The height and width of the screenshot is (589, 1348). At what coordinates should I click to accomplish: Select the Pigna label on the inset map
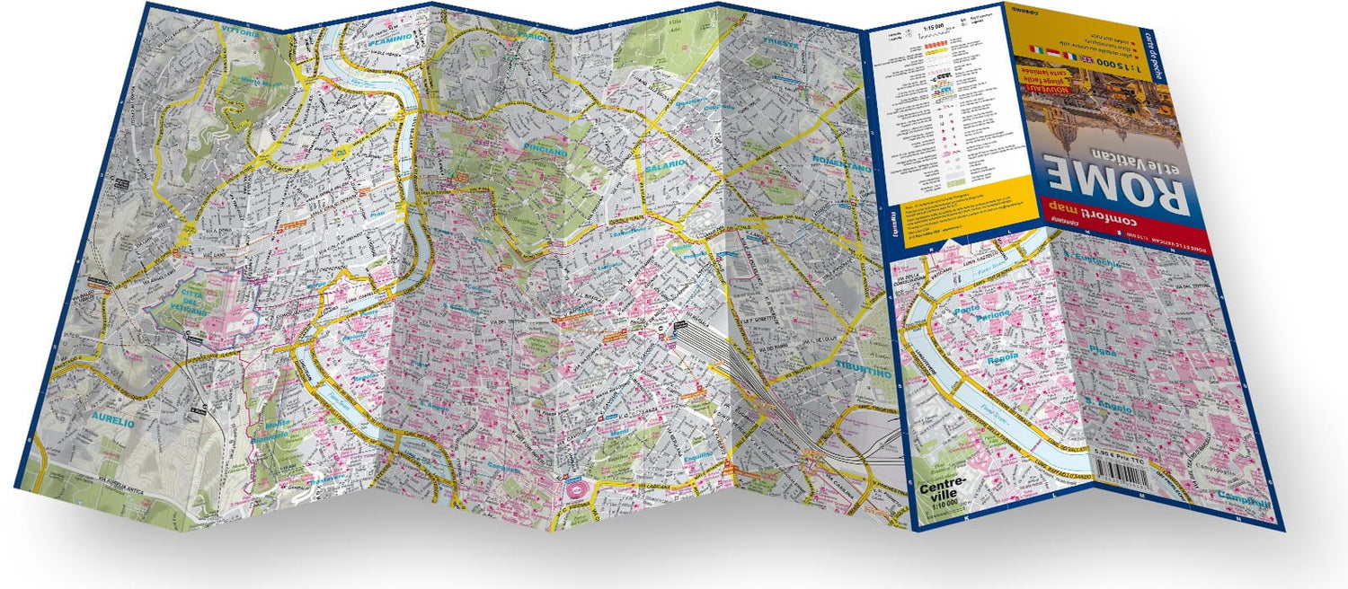click(x=1104, y=353)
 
